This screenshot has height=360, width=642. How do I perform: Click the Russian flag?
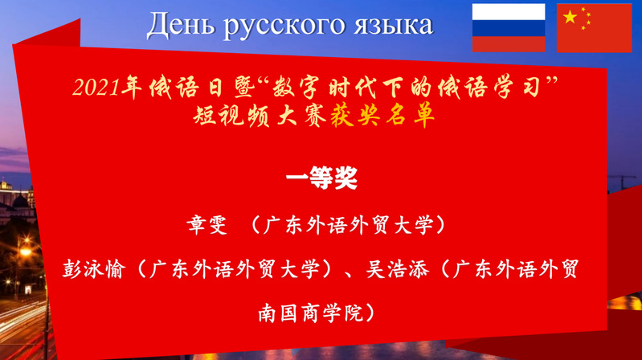pyautogui.click(x=509, y=28)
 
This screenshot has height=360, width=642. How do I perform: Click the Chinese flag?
pyautogui.click(x=594, y=28)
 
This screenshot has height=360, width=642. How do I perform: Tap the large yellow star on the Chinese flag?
pyautogui.click(x=570, y=17)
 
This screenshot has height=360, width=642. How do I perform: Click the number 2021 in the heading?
pyautogui.click(x=96, y=88)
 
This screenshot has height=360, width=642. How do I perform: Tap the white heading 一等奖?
pyautogui.click(x=322, y=178)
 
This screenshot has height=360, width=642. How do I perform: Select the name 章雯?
pyautogui.click(x=207, y=225)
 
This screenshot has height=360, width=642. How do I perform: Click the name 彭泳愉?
pyautogui.click(x=93, y=269)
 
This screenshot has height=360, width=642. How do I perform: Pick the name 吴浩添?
pyautogui.click(x=397, y=269)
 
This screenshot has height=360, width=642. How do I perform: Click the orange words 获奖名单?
pyautogui.click(x=382, y=116)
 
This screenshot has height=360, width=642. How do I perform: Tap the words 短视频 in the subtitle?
pyautogui.click(x=231, y=116)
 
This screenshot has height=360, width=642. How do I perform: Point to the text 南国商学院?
pyautogui.click(x=311, y=313)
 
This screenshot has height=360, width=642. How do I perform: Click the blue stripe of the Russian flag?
pyautogui.click(x=509, y=28)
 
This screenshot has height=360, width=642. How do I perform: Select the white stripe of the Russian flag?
pyautogui.click(x=509, y=12)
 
